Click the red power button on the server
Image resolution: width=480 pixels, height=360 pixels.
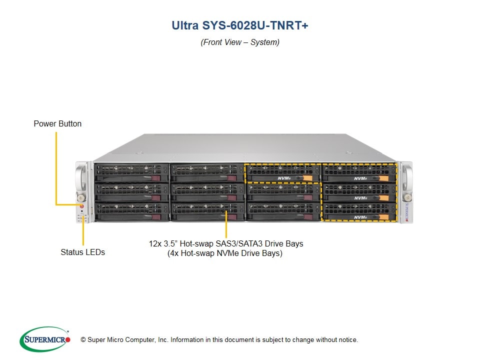(81, 206)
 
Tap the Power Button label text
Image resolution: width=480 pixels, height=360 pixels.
(57, 123)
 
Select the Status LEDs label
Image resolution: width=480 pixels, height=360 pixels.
(82, 252)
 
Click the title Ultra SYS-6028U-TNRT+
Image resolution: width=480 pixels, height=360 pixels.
(239, 25)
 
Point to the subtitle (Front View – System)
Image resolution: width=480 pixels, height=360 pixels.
(240, 42)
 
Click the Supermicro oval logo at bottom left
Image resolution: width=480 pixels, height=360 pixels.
(45, 339)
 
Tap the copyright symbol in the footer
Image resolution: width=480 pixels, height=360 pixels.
(83, 340)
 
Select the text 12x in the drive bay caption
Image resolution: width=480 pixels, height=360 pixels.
(155, 243)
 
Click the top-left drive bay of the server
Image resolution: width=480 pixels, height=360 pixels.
(131, 173)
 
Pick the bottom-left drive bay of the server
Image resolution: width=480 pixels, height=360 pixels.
(131, 212)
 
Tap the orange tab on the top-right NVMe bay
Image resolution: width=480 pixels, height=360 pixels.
(384, 178)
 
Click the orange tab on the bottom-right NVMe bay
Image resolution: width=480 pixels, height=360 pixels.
(384, 217)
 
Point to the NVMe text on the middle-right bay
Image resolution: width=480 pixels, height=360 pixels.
(361, 198)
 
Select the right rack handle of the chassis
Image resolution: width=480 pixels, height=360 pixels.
(407, 178)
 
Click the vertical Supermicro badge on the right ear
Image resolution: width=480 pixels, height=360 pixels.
(407, 212)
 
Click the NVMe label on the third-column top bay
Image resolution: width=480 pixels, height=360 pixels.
(284, 178)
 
